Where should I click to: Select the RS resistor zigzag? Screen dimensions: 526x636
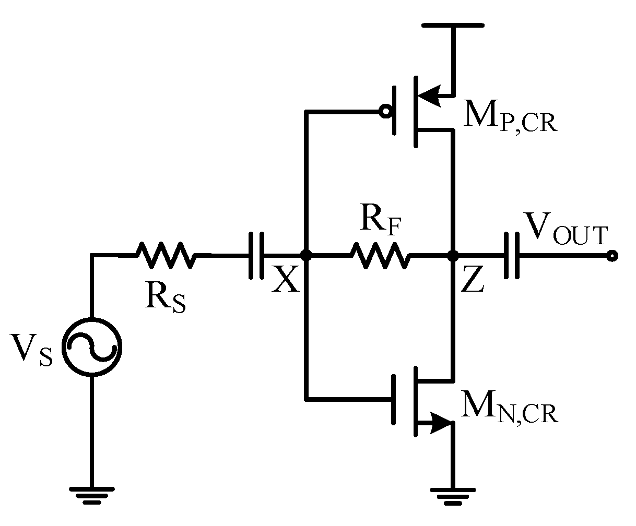click(166, 255)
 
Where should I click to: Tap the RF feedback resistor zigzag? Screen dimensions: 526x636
click(380, 255)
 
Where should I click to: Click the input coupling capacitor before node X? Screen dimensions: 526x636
click(256, 255)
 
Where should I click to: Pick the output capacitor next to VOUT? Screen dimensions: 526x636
click(511, 255)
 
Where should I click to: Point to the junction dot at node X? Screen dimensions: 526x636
click(307, 255)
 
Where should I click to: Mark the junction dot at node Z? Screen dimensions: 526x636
click(453, 255)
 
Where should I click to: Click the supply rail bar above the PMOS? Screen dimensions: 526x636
click(453, 25)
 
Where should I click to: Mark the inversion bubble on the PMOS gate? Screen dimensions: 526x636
click(385, 111)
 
